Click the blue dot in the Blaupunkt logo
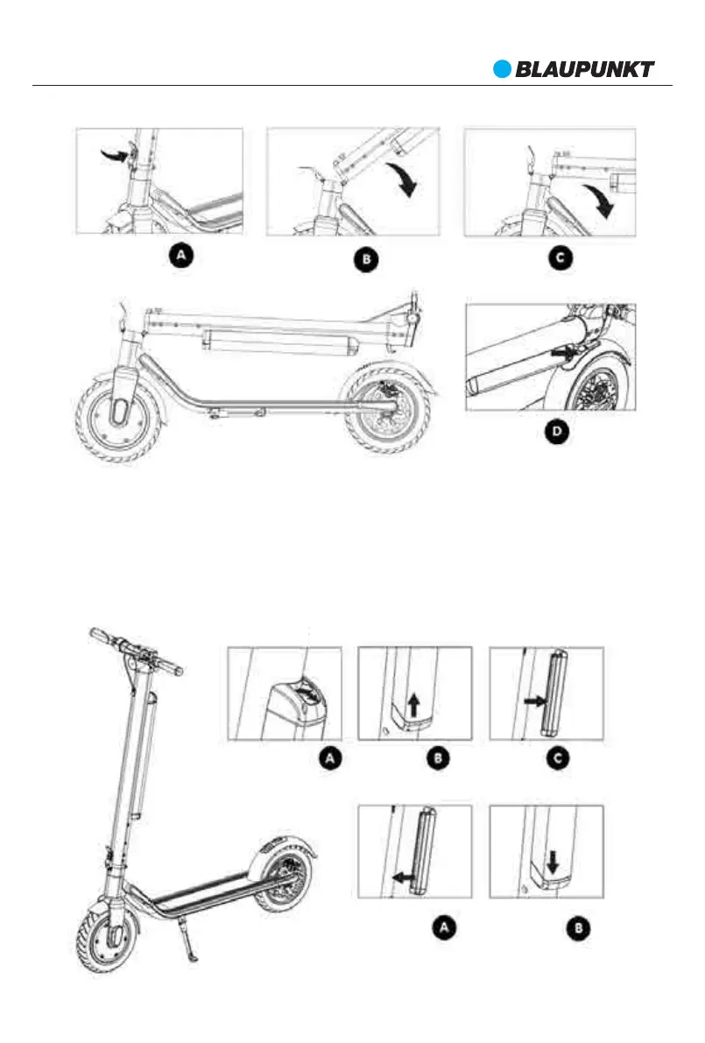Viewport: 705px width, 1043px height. tap(501, 68)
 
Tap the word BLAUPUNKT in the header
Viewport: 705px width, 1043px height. tap(584, 69)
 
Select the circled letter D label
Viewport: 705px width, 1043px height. tap(552, 433)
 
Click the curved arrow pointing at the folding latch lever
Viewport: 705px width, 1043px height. tap(113, 155)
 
